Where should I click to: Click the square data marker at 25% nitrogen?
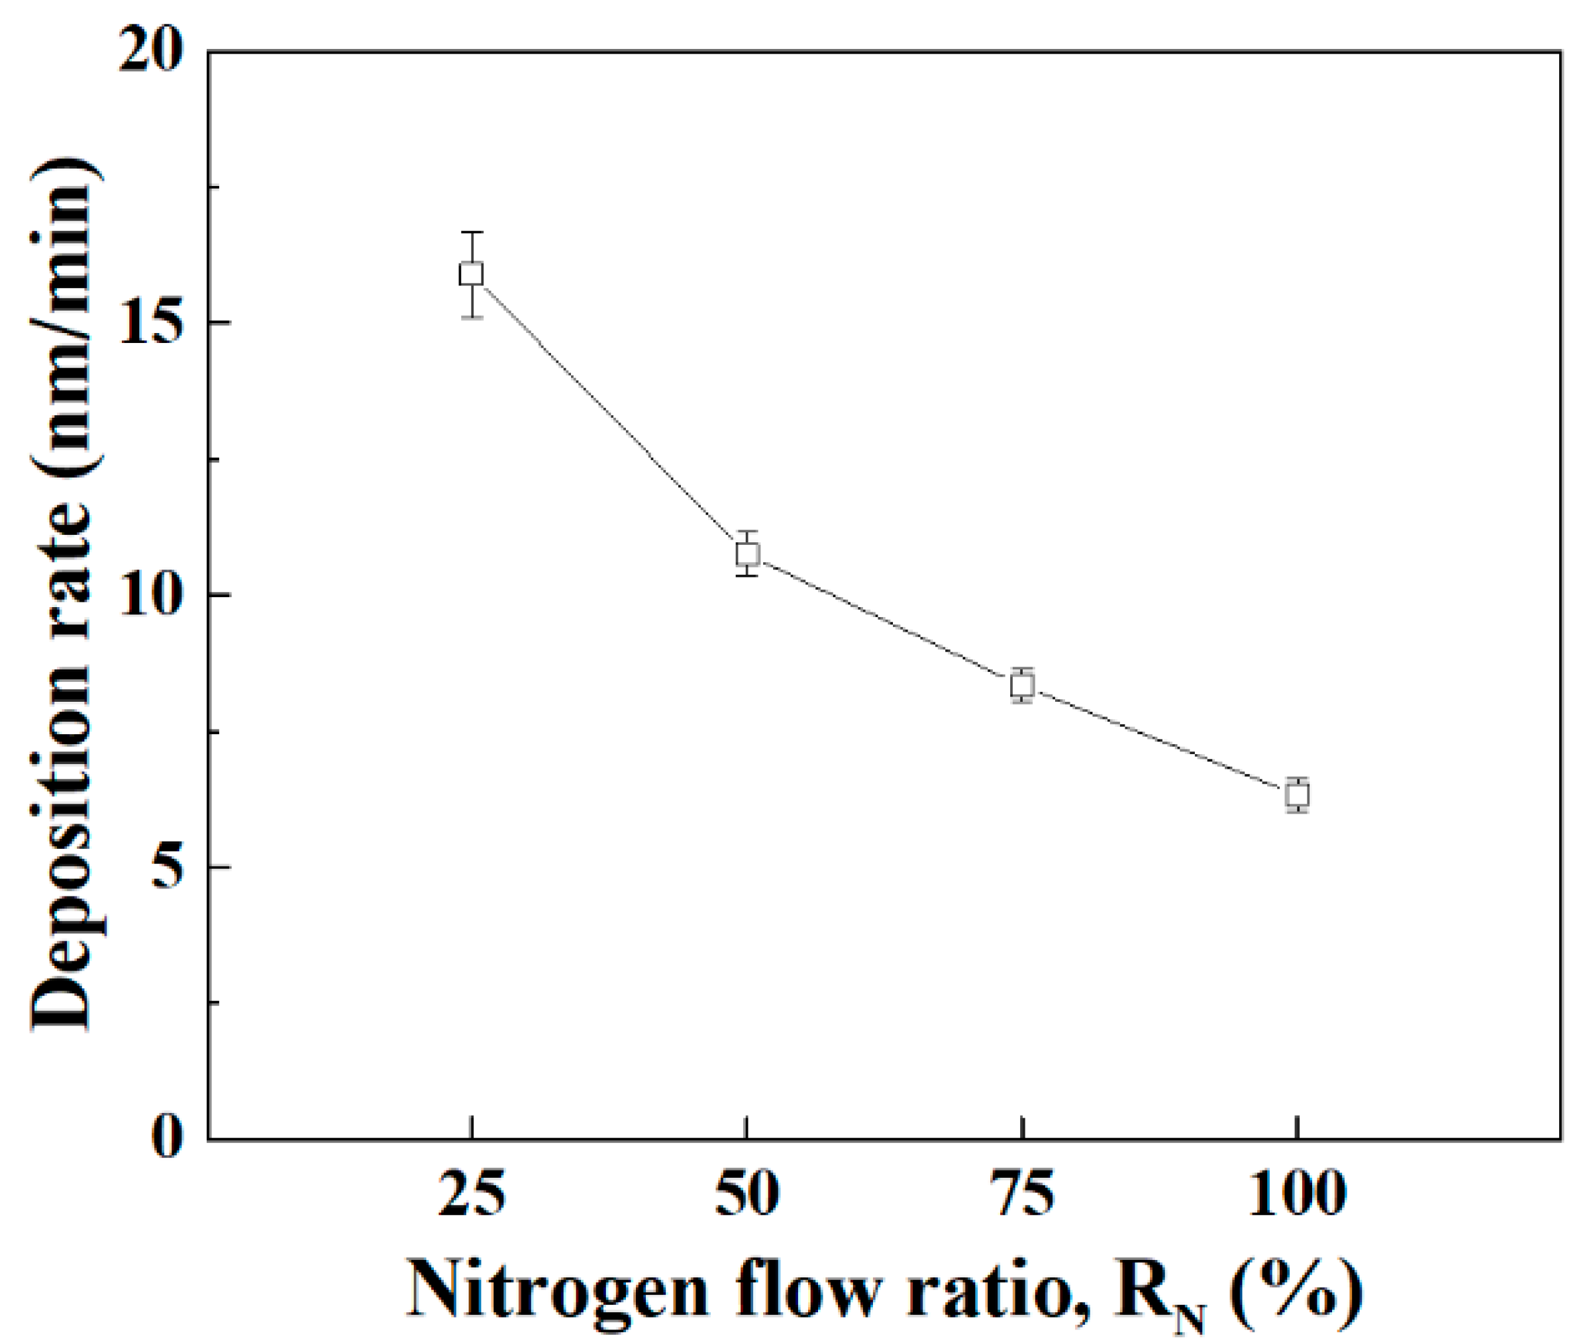coord(471,273)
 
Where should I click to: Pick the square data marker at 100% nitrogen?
coord(1297,794)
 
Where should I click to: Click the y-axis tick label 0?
coord(169,1139)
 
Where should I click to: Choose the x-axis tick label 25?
coord(472,1194)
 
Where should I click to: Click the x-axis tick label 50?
coord(746,1194)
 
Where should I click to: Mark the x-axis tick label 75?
coord(1022,1194)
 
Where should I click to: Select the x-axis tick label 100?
coord(1296,1194)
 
